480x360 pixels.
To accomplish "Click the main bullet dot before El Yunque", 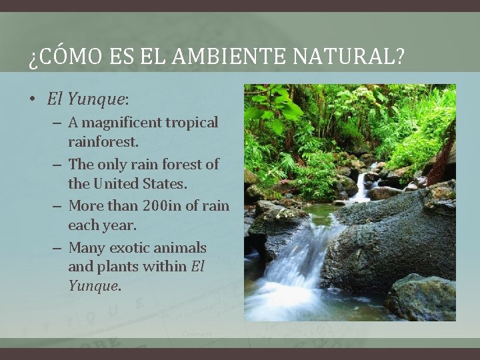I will pyautogui.click(x=32, y=100).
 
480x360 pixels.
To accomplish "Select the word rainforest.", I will pyautogui.click(x=103, y=142).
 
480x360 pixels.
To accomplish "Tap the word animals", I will pyautogui.click(x=179, y=248).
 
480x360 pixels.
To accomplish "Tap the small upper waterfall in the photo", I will pyautogui.click(x=362, y=187).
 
